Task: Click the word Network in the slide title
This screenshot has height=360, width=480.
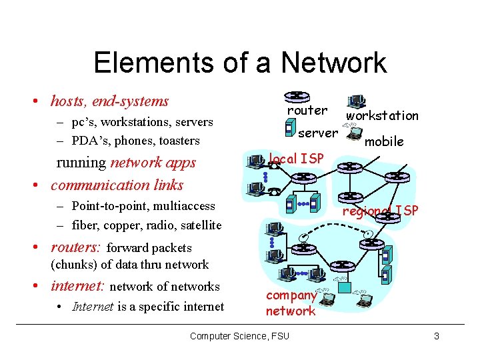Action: tap(333, 63)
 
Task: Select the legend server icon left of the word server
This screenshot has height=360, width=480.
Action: tap(289, 127)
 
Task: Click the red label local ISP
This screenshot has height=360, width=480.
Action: tap(295, 158)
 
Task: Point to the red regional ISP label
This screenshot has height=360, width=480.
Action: tap(380, 211)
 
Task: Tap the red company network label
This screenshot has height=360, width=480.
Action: tap(291, 303)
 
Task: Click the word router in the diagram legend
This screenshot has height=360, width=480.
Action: tap(307, 110)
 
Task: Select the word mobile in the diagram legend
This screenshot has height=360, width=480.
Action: tap(385, 141)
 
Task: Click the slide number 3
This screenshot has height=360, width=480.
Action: tap(436, 336)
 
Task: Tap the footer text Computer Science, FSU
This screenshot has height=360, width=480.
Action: tap(239, 336)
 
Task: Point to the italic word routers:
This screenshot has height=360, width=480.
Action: tap(75, 247)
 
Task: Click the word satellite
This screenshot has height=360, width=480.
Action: tap(197, 225)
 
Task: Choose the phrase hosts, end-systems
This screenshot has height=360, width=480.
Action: tap(109, 101)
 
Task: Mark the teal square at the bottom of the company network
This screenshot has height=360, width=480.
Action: tap(344, 287)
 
